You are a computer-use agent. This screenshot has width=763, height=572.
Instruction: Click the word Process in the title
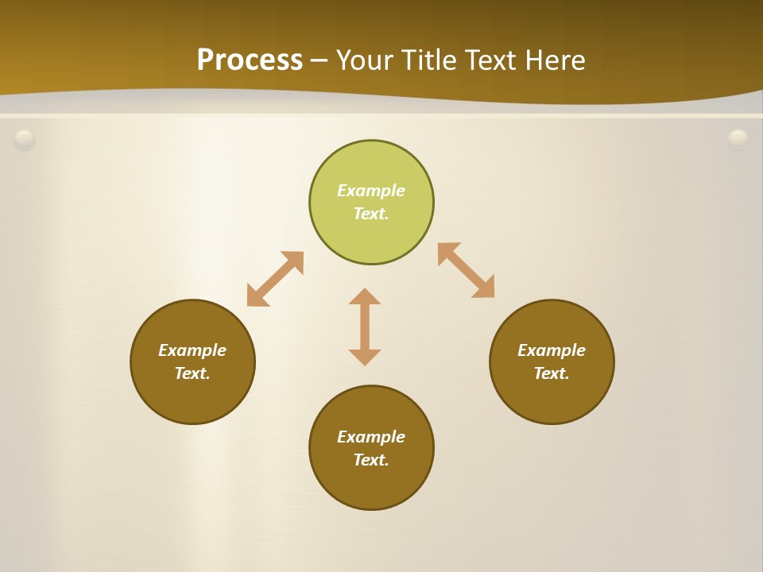coord(250,60)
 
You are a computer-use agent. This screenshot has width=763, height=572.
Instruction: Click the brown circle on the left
coord(192,397)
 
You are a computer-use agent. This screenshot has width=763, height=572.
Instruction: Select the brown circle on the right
coord(552,397)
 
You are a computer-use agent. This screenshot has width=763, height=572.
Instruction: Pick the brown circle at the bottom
coord(371,485)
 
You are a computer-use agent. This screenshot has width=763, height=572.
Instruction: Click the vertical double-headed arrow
coord(365,327)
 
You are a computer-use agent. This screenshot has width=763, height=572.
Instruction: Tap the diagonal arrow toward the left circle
coord(275,279)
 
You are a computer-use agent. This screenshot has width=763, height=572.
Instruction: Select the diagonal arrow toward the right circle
coord(467,270)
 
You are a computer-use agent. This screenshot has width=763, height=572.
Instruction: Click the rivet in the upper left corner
coord(25,140)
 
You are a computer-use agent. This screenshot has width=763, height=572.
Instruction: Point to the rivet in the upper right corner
coord(738,140)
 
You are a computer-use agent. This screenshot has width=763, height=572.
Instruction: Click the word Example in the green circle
coord(371,191)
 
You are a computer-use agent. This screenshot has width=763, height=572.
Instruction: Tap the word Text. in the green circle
coord(371,214)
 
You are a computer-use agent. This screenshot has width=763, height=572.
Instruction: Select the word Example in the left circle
coord(192,350)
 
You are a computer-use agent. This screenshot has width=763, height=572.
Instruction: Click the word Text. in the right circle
coord(552,373)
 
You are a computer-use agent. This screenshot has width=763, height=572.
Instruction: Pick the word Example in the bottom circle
coord(371,437)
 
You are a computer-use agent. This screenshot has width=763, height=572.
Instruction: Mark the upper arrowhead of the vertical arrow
coord(365,296)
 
